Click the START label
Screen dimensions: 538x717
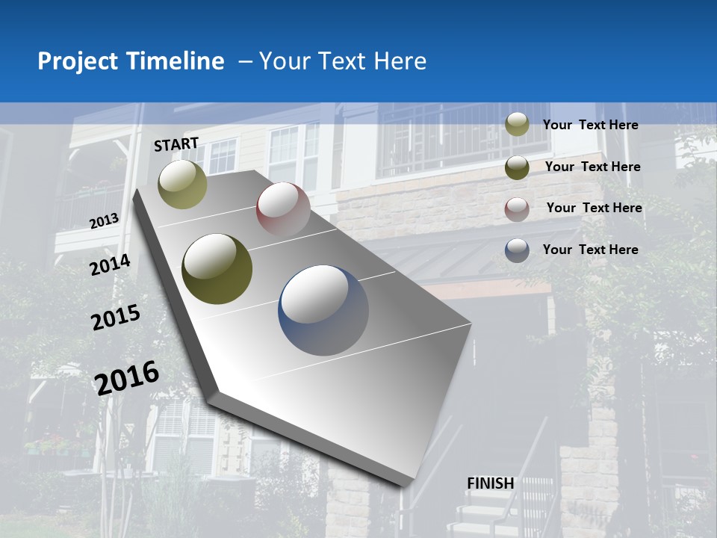click(176, 144)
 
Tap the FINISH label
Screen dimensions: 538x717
click(491, 483)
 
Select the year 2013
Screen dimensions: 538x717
click(105, 220)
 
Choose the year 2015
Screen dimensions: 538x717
click(116, 318)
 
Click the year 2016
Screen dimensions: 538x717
click(127, 377)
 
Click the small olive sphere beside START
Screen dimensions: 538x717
click(183, 184)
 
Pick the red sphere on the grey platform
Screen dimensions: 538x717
click(283, 210)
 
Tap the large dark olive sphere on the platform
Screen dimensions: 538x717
click(217, 268)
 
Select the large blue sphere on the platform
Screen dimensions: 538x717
click(323, 310)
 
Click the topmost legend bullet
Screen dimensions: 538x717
click(517, 124)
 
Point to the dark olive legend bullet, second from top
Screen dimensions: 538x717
click(517, 167)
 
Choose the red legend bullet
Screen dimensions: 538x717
click(517, 209)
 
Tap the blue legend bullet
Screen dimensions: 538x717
click(517, 250)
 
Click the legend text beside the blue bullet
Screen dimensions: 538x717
click(590, 250)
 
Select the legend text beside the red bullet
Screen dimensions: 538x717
click(594, 208)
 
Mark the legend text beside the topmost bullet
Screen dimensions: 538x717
click(590, 125)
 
